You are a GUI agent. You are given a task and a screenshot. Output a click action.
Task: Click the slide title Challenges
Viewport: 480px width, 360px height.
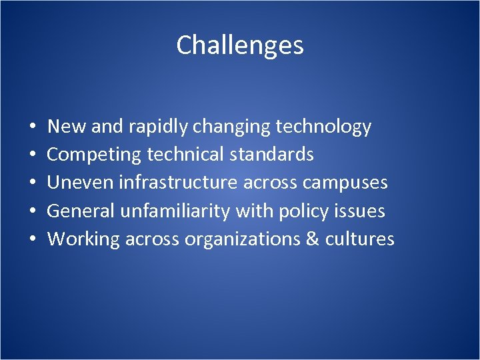point(240,45)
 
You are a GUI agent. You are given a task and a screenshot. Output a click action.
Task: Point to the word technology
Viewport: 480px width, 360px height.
point(322,127)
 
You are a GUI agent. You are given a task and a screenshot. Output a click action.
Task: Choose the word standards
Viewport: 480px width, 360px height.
point(271,155)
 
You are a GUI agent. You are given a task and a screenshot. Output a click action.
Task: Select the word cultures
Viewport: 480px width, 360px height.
point(360,239)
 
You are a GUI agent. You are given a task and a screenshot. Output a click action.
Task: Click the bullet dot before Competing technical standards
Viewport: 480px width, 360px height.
point(33,155)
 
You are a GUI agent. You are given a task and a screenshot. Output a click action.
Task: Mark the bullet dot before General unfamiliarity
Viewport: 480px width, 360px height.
point(33,211)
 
